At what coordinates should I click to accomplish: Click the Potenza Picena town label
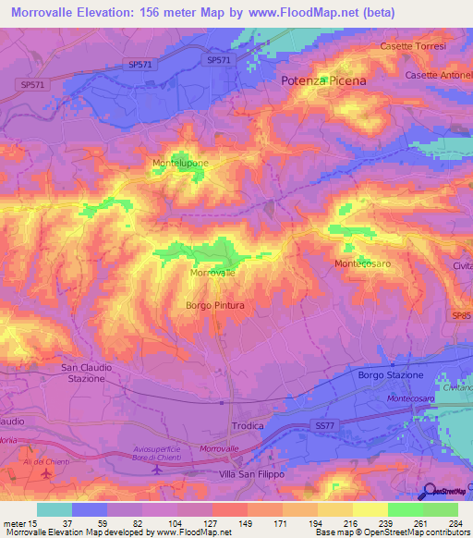click(x=323, y=81)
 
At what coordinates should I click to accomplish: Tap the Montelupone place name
click(x=180, y=163)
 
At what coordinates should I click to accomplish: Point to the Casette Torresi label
click(x=413, y=46)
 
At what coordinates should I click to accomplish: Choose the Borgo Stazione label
click(x=390, y=375)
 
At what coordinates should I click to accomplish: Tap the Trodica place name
click(x=247, y=426)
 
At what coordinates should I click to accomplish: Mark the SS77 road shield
click(x=321, y=424)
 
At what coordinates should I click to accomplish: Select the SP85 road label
click(x=462, y=315)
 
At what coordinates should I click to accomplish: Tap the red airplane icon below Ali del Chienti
click(x=46, y=473)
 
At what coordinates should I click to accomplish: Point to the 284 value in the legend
click(x=455, y=522)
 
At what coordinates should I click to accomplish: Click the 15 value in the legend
click(x=34, y=522)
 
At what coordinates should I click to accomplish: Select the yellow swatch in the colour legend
click(x=370, y=509)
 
